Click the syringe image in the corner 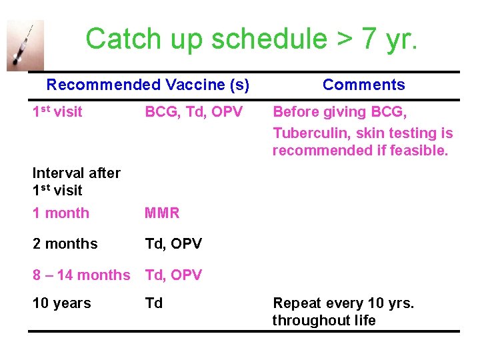pos(25,45)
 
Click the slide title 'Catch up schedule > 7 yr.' pos(251,39)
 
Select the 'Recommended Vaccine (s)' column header pos(148,85)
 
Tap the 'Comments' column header pos(363,85)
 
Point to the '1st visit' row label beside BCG pos(57,112)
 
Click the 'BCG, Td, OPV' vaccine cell pos(194,112)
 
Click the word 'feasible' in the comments pos(419,151)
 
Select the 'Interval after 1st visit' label pos(76,181)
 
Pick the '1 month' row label pos(61,213)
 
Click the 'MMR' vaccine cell pos(163,213)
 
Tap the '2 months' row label pos(65,244)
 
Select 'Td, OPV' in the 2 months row pos(173,244)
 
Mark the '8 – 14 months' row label pos(81,275)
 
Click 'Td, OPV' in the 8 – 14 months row pos(173,275)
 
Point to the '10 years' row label pos(61,303)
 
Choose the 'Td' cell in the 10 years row pos(154,303)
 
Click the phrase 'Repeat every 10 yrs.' pos(343,303)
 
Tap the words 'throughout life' pos(324,321)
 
